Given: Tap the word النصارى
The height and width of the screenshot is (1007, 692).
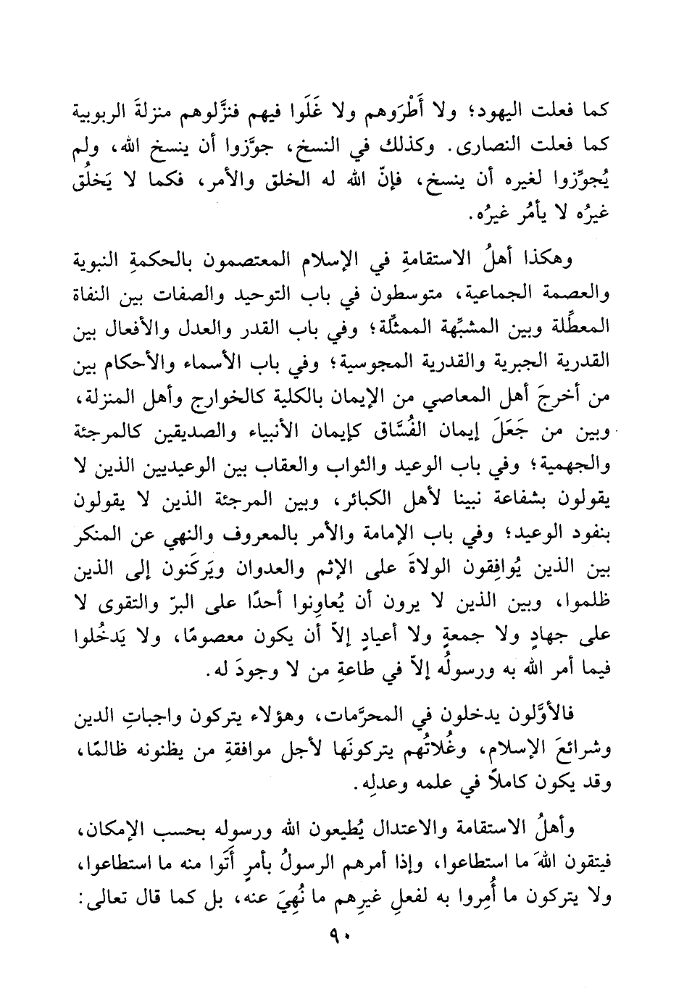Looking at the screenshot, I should pos(502,150).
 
